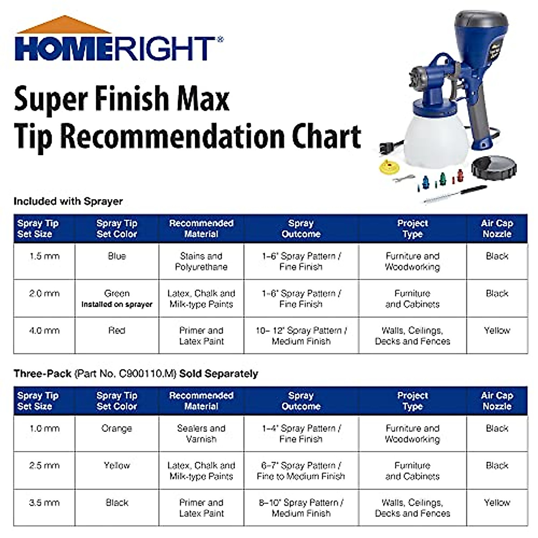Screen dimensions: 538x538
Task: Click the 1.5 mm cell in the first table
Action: [x=44, y=261]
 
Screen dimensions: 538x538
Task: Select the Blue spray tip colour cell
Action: [x=117, y=261]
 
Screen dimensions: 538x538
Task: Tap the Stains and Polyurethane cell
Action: [x=201, y=261]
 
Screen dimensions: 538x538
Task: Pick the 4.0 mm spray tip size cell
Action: [x=44, y=335]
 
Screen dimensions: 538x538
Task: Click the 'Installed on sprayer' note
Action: [x=117, y=304]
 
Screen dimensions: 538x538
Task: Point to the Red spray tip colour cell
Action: [x=117, y=335]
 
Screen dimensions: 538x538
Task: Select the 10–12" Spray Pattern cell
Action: [x=301, y=335]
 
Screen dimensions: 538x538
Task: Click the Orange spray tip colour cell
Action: [x=117, y=434]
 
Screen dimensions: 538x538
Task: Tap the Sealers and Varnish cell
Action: [x=201, y=434]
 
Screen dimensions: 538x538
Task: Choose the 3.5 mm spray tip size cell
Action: [x=44, y=508]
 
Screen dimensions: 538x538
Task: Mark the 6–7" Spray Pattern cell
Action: [x=301, y=470]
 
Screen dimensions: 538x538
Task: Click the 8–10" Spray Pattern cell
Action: [x=301, y=508]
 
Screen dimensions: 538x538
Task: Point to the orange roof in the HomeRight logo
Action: [x=64, y=26]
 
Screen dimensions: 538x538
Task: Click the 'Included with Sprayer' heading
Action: [x=69, y=201]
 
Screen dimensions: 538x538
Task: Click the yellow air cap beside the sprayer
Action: [x=389, y=167]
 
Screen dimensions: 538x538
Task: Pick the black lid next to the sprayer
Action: [x=494, y=168]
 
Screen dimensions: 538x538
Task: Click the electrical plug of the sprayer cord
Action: [x=388, y=147]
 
